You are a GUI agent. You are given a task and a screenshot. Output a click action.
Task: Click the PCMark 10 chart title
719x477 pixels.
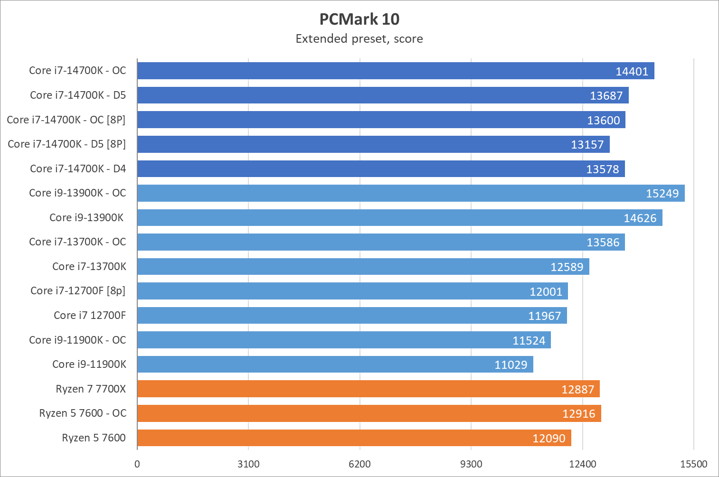click(359, 19)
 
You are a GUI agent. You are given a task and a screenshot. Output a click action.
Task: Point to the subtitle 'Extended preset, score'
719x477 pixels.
click(359, 38)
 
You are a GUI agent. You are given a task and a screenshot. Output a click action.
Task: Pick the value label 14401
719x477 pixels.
click(632, 71)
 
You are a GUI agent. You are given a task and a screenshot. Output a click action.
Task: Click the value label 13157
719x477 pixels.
click(587, 145)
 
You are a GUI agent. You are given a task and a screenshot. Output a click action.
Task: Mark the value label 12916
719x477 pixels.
click(578, 414)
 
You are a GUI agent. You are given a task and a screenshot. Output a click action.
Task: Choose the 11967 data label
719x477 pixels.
click(544, 316)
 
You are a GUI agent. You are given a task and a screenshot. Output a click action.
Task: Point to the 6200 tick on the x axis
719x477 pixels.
click(359, 464)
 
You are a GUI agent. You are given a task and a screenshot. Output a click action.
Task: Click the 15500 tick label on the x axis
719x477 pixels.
click(693, 464)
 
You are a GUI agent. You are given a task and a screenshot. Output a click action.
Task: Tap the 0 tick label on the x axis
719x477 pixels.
click(137, 464)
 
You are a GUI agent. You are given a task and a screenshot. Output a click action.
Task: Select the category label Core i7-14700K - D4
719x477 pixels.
click(78, 168)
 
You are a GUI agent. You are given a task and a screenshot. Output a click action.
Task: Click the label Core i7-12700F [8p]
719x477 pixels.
click(78, 290)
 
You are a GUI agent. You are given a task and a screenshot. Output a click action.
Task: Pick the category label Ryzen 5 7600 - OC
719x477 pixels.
click(83, 413)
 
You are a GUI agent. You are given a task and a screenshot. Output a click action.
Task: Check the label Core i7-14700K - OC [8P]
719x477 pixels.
click(66, 120)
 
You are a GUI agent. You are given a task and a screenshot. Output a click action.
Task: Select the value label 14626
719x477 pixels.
click(640, 218)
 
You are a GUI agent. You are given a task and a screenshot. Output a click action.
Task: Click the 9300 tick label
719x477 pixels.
click(471, 464)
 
